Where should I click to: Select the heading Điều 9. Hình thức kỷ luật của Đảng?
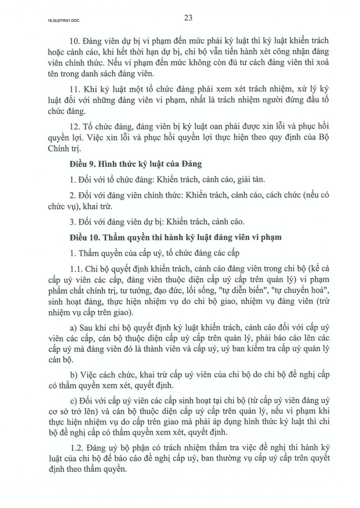[x=132, y=165]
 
